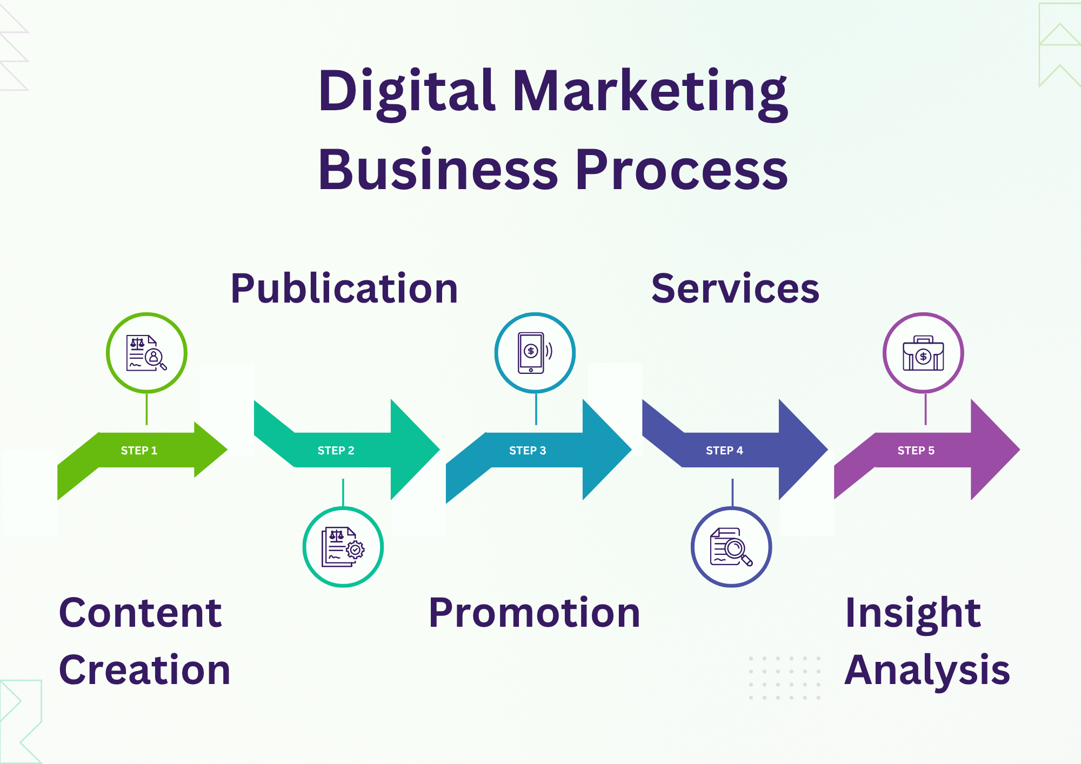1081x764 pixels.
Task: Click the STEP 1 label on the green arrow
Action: coord(139,451)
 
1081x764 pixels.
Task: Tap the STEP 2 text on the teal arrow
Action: coord(336,451)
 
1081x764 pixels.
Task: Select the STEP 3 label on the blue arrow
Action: coord(528,451)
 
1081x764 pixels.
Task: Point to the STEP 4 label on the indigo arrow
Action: coord(724,451)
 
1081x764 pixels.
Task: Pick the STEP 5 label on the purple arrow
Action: coord(916,451)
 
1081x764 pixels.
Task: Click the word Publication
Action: coord(344,289)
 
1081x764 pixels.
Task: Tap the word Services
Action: coord(735,289)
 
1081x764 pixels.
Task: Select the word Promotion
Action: coord(534,613)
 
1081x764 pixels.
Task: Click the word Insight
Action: coord(913,613)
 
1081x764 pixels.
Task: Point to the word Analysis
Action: coord(927,671)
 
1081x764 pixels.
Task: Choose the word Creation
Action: coord(144,671)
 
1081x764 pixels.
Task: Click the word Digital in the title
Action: coord(406,92)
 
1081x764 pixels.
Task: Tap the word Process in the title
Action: coord(682,170)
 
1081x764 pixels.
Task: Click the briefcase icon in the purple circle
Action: coord(923,353)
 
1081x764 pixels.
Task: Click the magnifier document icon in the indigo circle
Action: coord(731,547)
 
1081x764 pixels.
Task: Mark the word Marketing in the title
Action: coord(650,92)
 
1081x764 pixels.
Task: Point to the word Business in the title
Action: coord(438,170)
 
